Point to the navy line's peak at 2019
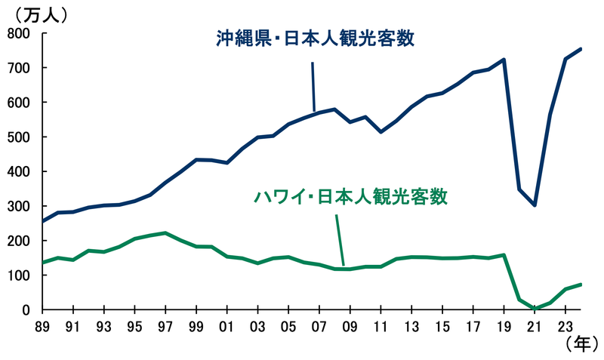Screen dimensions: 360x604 click(504, 59)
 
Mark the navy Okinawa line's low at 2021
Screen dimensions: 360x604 click(535, 205)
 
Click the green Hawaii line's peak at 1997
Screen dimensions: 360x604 click(165, 233)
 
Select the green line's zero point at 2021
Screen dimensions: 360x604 click(535, 309)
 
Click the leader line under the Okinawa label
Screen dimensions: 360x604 click(313, 87)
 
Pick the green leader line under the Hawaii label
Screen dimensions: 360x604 click(341, 238)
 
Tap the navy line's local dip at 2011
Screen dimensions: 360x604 click(381, 132)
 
